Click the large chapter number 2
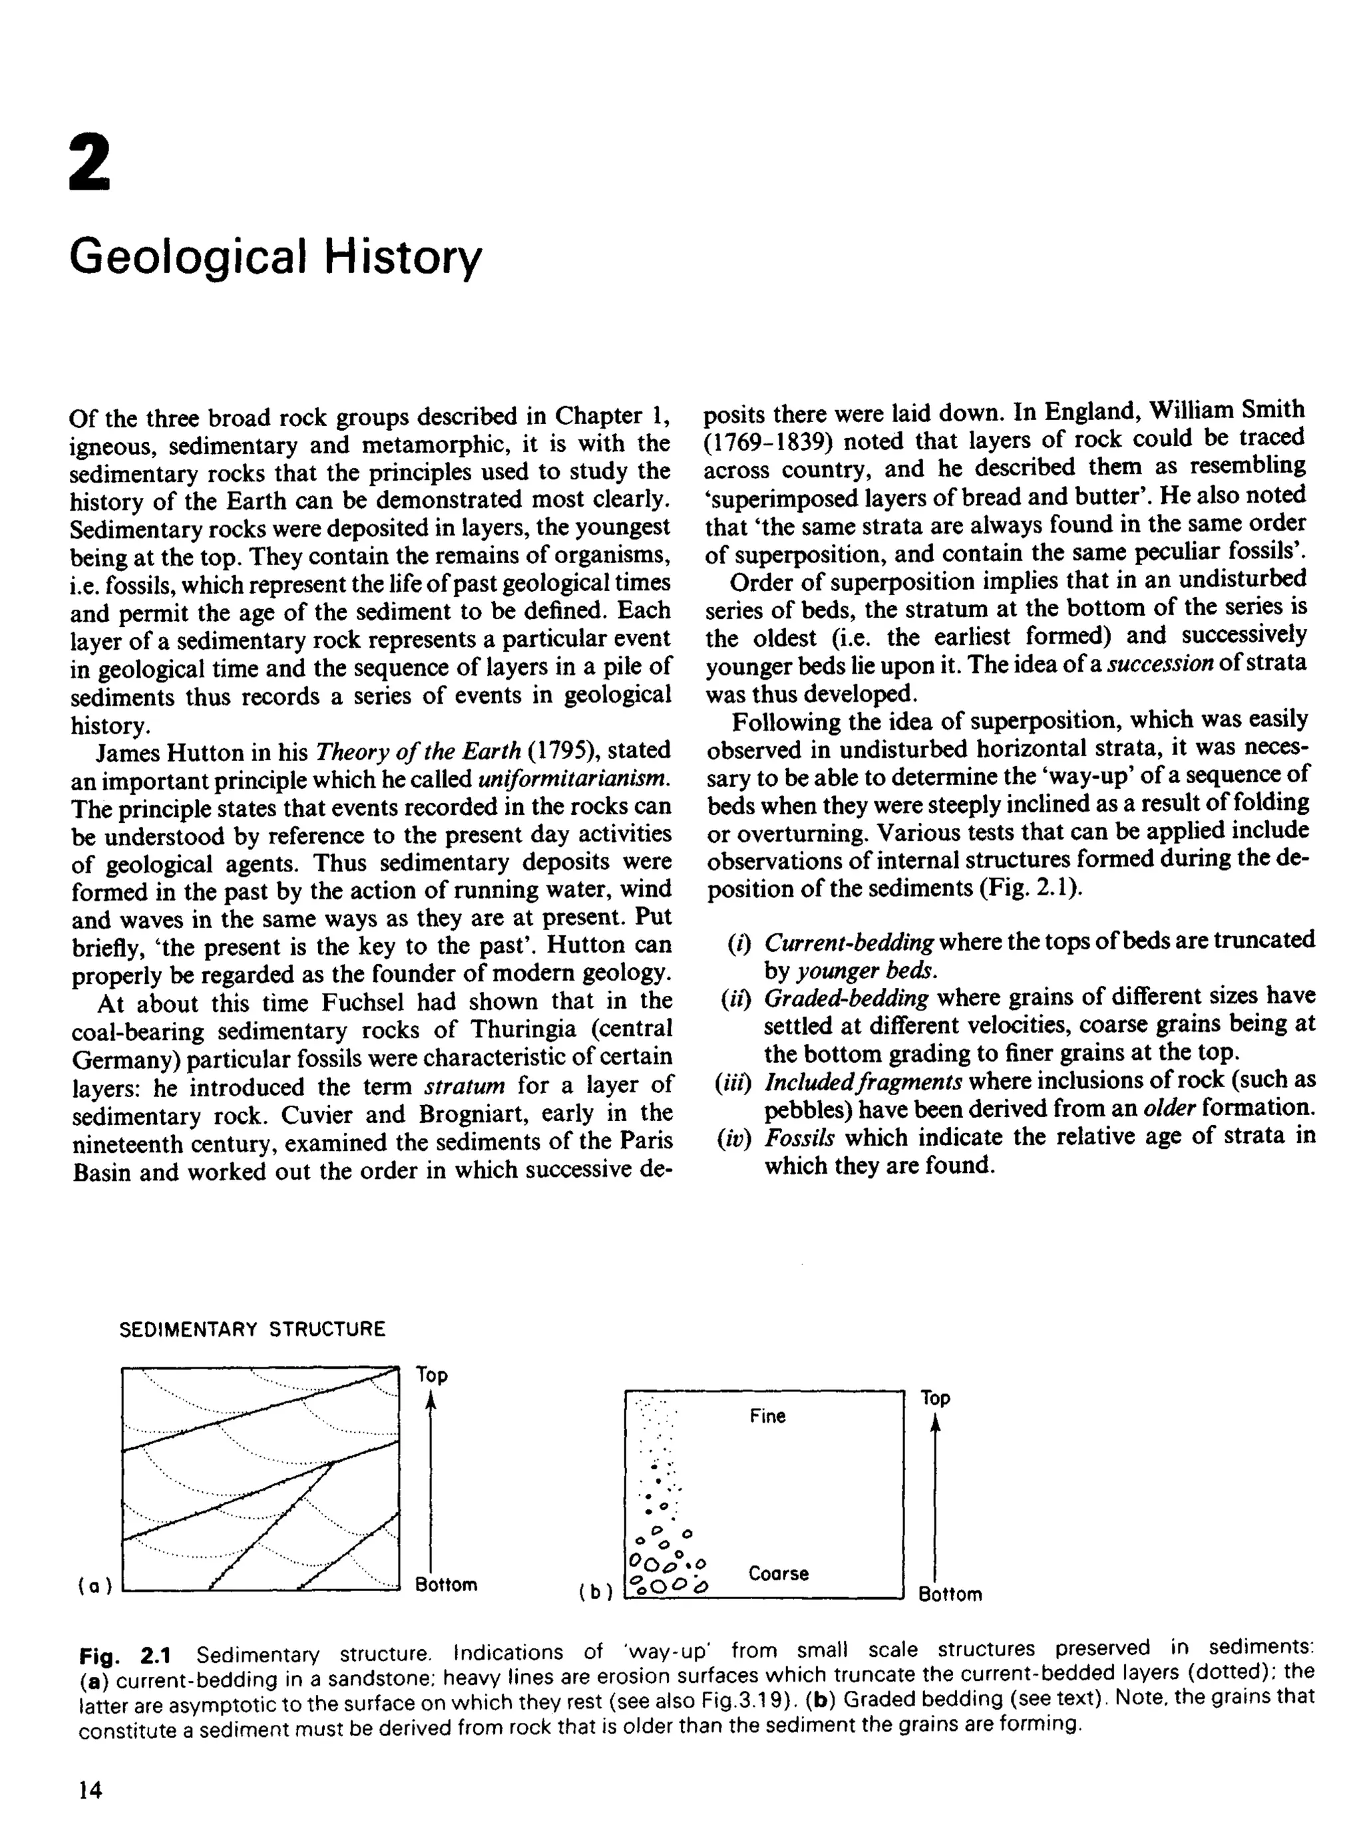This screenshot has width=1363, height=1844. click(x=89, y=162)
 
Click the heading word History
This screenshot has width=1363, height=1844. click(x=402, y=258)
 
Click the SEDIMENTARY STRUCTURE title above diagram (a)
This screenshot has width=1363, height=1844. click(x=252, y=1329)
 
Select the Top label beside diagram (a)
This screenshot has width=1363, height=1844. click(x=431, y=1375)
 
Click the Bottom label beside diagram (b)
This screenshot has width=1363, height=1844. click(x=950, y=1595)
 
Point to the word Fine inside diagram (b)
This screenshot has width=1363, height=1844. click(x=767, y=1417)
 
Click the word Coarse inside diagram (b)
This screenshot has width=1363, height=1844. click(x=779, y=1573)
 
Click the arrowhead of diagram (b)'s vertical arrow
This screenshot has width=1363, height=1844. click(x=934, y=1425)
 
